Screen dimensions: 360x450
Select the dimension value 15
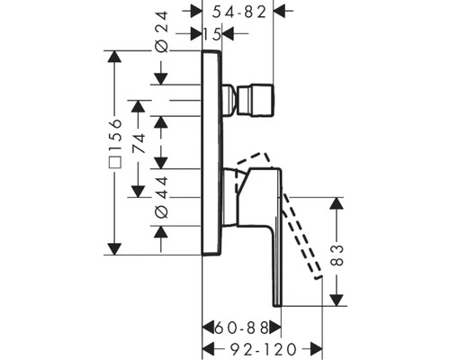(212, 33)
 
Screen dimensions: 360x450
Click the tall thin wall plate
(211, 153)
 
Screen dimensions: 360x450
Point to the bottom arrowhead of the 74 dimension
(137, 191)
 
